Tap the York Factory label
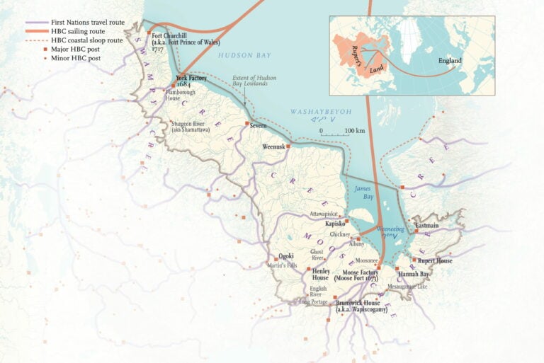coord(191,79)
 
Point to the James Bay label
coord(362,191)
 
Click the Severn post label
coord(258,125)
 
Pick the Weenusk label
coord(274,146)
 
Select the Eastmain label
coord(427,225)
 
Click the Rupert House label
coord(435,260)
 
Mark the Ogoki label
coord(286,256)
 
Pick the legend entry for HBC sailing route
coord(79,32)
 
